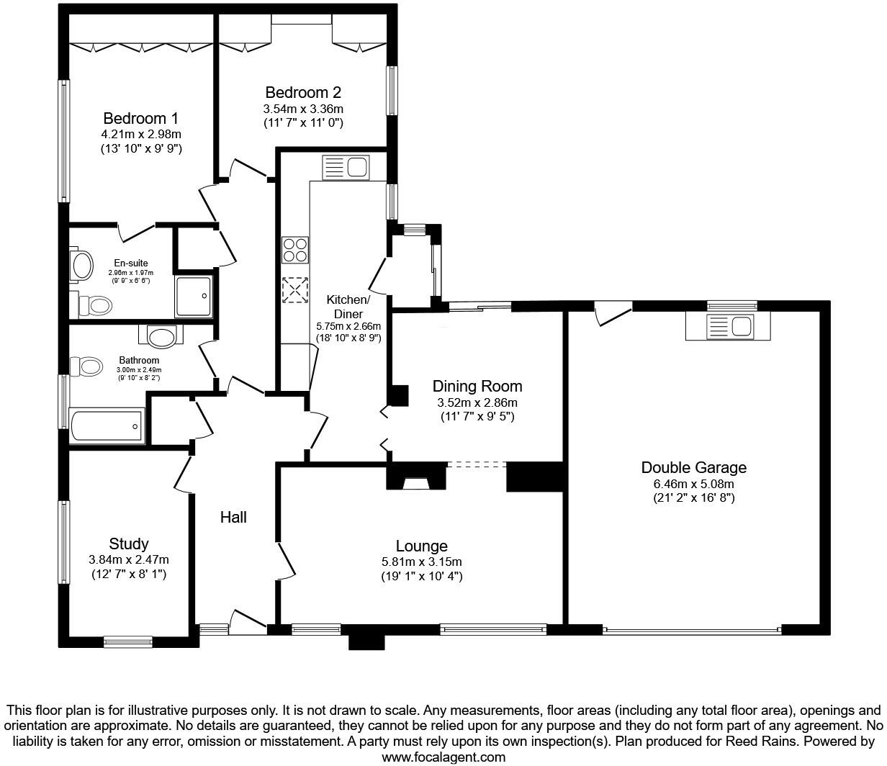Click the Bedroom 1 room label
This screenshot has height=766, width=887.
140,118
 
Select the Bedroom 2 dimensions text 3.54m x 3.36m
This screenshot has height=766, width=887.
302,109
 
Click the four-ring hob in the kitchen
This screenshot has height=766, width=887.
295,251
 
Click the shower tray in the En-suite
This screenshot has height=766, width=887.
194,297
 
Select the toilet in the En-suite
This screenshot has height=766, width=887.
94,305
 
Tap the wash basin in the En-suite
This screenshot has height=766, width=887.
81,266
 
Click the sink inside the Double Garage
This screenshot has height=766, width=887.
728,326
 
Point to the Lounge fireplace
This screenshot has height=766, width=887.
414,481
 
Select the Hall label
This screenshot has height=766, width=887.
233,517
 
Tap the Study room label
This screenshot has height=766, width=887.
129,544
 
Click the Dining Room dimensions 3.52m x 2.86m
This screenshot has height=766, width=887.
477,402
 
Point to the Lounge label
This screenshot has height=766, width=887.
421,546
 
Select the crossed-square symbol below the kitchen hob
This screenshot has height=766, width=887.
294,290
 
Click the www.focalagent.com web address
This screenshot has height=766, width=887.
443,757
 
